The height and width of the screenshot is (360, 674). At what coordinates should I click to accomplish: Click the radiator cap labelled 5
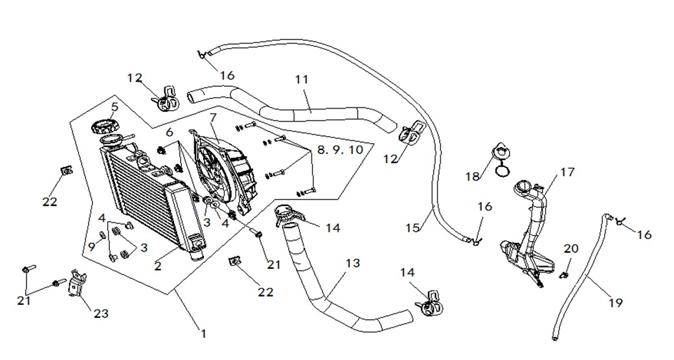[104, 126]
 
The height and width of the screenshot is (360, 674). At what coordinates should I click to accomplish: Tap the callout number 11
[302, 80]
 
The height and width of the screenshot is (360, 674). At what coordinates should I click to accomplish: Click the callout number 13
[352, 263]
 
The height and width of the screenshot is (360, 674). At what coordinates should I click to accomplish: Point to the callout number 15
[412, 227]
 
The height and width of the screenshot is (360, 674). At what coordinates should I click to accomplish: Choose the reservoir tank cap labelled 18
[500, 159]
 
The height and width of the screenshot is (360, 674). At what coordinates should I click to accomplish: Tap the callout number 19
[616, 303]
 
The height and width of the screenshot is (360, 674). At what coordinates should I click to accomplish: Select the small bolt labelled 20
[564, 275]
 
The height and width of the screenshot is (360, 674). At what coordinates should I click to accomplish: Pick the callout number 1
[203, 333]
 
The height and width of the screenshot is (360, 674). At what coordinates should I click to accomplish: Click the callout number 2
[158, 266]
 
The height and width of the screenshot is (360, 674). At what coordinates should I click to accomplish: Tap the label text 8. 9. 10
[340, 150]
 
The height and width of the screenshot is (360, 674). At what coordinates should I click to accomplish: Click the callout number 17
[567, 172]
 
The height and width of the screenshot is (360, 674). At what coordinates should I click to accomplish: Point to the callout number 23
[101, 313]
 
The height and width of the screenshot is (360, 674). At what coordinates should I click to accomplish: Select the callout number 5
[115, 106]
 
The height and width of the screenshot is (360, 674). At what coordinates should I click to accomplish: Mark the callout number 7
[213, 117]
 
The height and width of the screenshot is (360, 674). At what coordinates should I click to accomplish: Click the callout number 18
[473, 176]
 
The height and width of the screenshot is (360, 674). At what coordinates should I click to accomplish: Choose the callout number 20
[571, 249]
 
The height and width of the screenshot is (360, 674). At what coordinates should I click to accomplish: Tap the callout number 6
[170, 132]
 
